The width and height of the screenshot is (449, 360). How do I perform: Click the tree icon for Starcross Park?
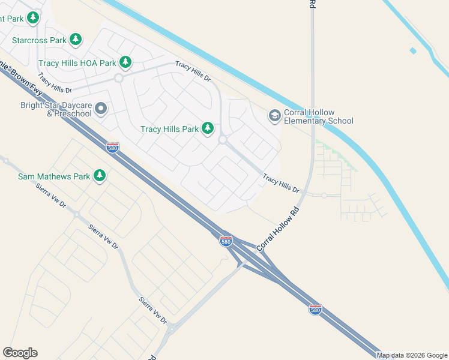click(76, 40)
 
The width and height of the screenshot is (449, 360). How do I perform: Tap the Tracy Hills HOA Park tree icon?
click(125, 62)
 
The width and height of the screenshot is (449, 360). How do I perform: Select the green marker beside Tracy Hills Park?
click(208, 128)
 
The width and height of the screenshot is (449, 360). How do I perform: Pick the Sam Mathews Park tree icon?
click(99, 176)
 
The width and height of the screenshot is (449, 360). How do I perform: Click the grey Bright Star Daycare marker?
click(101, 109)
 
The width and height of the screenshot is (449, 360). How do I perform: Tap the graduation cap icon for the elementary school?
click(275, 115)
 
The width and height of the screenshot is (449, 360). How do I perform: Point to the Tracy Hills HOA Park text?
click(77, 63)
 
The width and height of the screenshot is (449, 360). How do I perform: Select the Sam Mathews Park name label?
click(53, 176)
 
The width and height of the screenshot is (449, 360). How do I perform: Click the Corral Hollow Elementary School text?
click(318, 116)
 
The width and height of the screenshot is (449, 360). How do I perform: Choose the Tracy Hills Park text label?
click(169, 129)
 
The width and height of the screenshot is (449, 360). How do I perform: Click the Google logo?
click(20, 353)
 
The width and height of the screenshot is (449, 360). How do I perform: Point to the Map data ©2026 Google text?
click(412, 355)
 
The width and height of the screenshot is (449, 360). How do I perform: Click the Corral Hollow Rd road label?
click(277, 230)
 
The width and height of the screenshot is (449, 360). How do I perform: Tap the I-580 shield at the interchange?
click(226, 241)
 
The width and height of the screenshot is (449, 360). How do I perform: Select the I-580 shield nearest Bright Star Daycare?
click(112, 147)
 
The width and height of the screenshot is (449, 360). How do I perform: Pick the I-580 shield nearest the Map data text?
click(316, 309)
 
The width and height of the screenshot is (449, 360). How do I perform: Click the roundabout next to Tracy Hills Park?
click(223, 140)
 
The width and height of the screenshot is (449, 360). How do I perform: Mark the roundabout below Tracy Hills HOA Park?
click(118, 78)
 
